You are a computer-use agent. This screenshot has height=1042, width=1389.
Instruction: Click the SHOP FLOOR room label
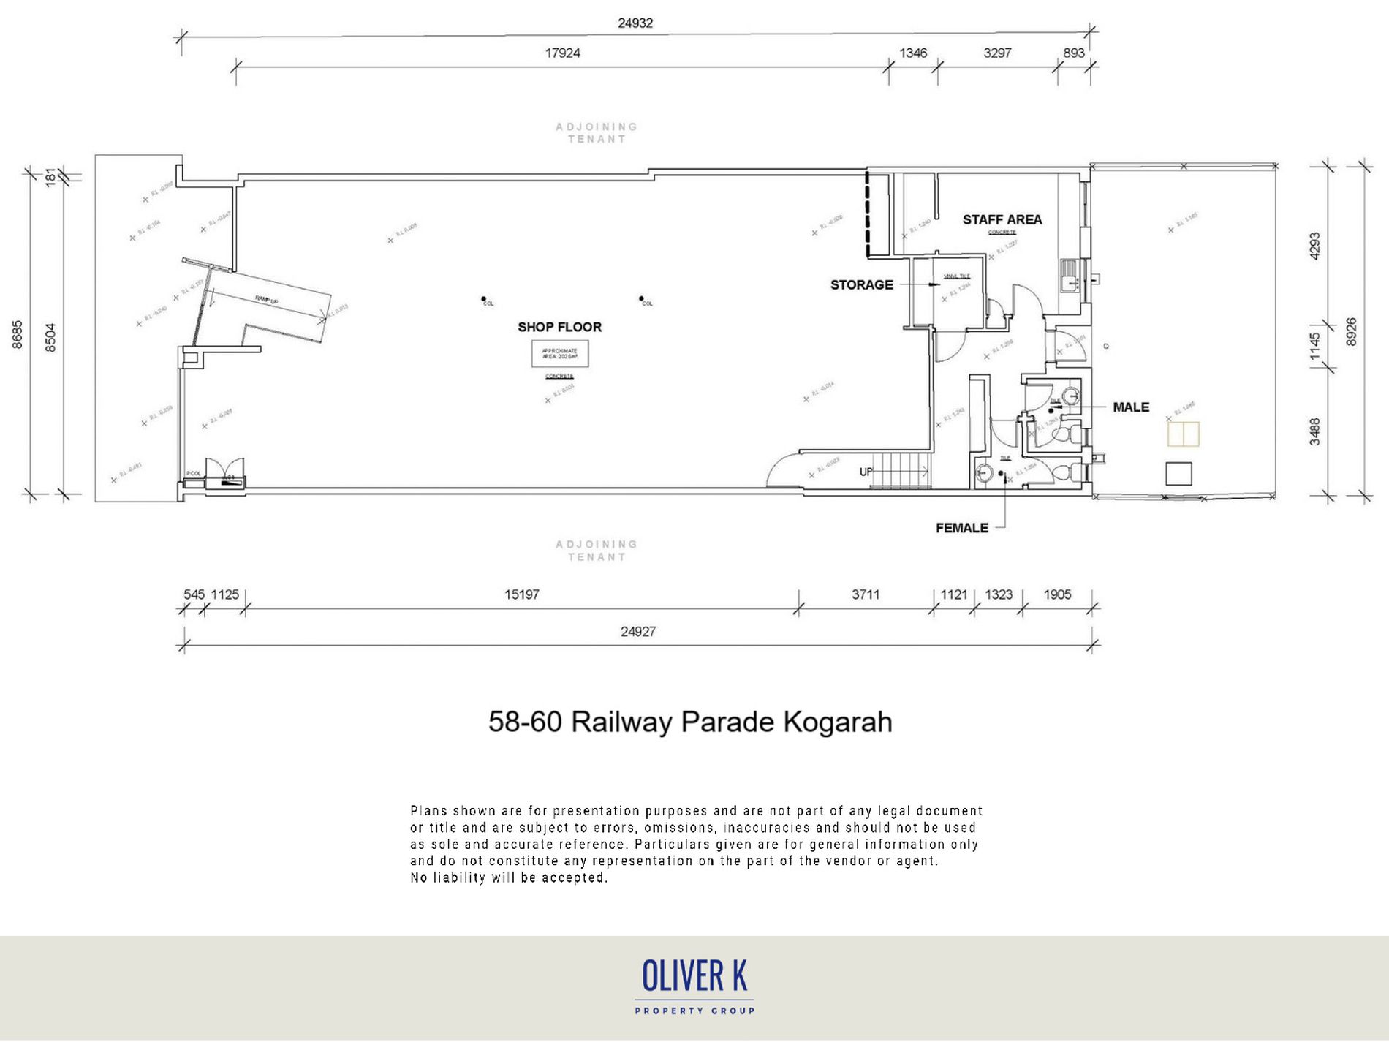[559, 327]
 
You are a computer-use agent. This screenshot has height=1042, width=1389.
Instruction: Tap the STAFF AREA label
[1002, 219]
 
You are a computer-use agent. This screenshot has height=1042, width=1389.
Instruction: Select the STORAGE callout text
[861, 284]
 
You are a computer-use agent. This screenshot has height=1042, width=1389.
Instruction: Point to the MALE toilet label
[1130, 407]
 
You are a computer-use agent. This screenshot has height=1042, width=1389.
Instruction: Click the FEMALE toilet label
[961, 528]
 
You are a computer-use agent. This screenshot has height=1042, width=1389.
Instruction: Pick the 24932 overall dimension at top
[635, 23]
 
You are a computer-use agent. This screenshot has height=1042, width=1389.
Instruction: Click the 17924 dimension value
[562, 53]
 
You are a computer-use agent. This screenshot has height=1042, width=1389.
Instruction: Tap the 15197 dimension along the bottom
[521, 594]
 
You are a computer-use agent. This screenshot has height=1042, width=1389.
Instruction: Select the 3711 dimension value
[865, 594]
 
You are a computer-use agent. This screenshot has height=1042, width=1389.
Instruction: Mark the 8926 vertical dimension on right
[1351, 332]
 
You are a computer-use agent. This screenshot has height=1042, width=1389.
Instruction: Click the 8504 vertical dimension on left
[50, 338]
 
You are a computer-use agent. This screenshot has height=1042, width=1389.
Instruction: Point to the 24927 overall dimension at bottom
[637, 632]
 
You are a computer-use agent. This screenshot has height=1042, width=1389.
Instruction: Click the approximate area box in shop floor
[559, 354]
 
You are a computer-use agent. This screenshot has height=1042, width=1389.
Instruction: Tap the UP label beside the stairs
[866, 472]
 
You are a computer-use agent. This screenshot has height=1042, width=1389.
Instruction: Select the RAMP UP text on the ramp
[266, 299]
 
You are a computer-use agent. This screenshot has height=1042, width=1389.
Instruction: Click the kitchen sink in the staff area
[1068, 276]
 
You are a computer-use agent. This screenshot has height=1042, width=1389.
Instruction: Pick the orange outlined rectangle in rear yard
[1183, 434]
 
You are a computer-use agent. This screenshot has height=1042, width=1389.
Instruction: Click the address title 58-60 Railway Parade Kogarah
[690, 722]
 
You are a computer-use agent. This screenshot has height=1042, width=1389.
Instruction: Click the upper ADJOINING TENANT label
[597, 132]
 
